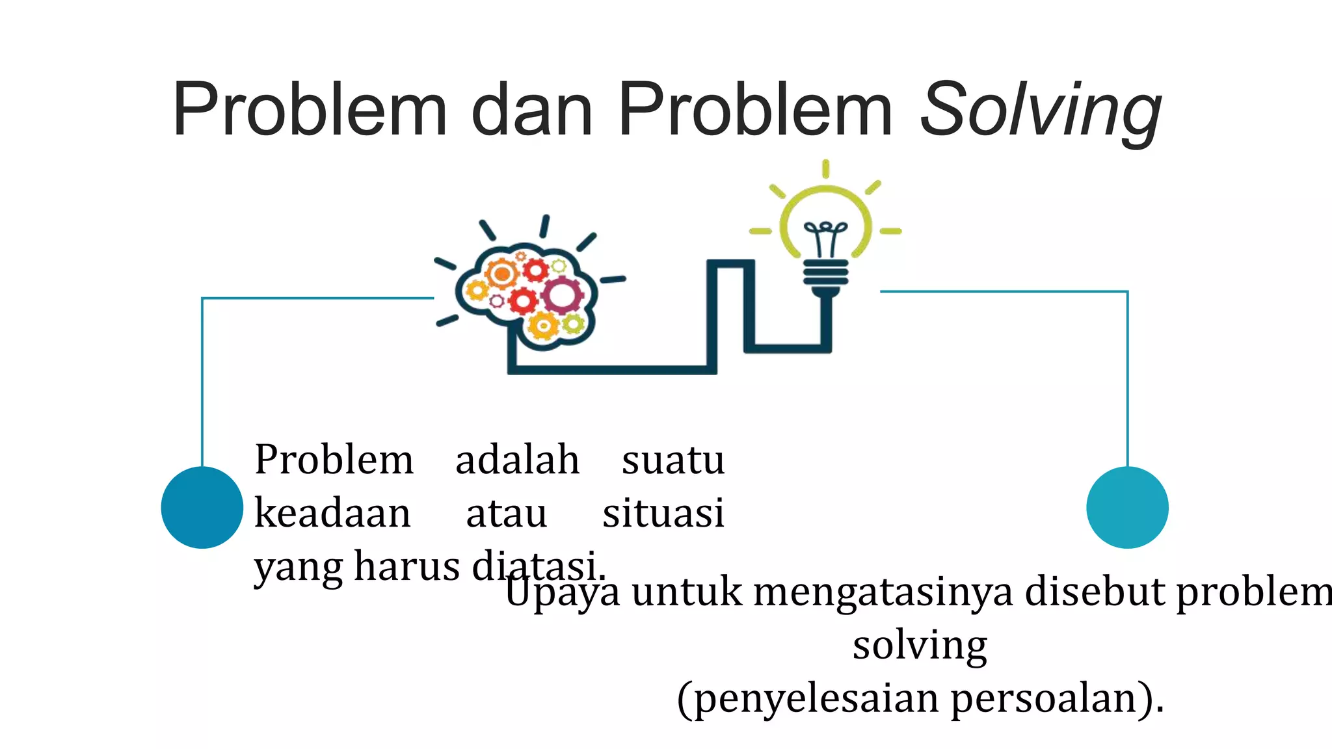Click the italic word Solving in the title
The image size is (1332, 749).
(x=1040, y=111)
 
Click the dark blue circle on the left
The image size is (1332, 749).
(x=202, y=507)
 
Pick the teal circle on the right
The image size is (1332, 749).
(x=1127, y=507)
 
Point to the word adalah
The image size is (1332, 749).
(x=517, y=460)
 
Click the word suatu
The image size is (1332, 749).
(x=673, y=460)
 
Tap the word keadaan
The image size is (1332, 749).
(x=332, y=513)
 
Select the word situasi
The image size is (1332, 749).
(x=663, y=513)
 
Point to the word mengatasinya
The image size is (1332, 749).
(x=883, y=592)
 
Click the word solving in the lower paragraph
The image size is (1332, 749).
(x=920, y=646)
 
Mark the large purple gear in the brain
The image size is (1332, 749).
(x=562, y=295)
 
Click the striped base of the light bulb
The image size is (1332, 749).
(x=825, y=272)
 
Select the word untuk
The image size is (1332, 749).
(x=686, y=592)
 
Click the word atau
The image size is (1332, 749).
(x=506, y=513)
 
